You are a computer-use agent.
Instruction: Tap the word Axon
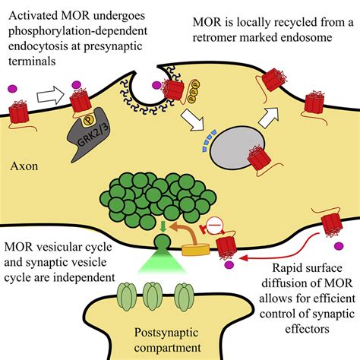(24, 166)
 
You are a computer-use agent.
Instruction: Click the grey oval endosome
(237, 147)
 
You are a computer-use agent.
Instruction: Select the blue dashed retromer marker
(209, 141)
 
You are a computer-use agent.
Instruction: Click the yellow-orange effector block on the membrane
(196, 249)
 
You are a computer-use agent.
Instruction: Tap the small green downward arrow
(163, 227)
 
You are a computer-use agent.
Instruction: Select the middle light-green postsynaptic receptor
(152, 296)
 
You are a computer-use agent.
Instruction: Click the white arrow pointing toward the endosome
(193, 120)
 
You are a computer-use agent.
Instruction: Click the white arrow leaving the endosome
(269, 117)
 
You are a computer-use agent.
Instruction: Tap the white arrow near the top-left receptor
(51, 95)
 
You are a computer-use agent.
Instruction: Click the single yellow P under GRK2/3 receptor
(87, 122)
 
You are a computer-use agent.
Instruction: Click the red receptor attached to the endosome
(260, 158)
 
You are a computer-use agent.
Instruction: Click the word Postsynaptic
(166, 333)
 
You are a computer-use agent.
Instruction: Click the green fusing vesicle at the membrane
(163, 242)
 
